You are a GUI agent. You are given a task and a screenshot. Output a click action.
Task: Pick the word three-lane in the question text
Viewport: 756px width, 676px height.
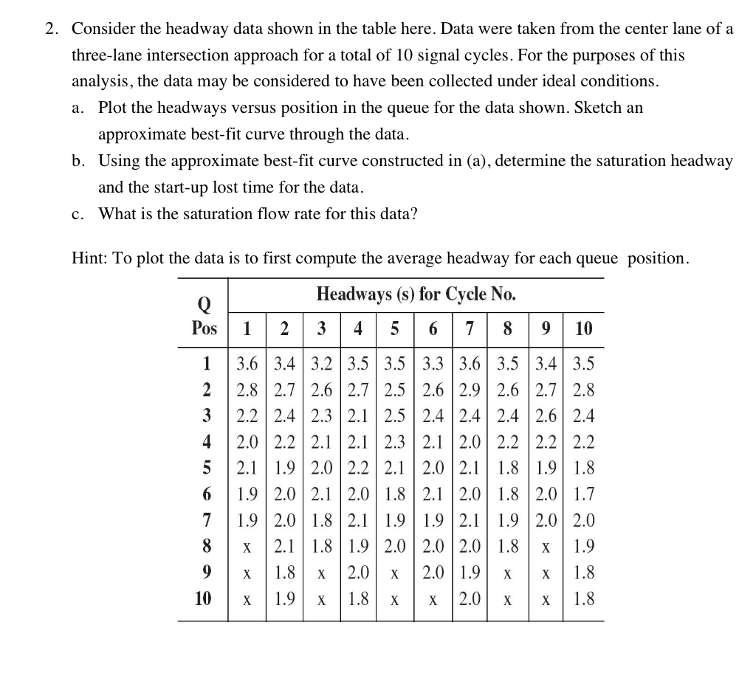point(107,55)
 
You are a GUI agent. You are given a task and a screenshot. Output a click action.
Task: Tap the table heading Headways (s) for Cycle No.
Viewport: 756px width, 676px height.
point(416,294)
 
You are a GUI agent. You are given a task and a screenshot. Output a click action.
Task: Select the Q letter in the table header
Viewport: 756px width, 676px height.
point(205,303)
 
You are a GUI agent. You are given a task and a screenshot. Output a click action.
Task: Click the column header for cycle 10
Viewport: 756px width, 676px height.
point(583,328)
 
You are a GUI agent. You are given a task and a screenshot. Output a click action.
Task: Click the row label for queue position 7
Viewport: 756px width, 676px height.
point(207,521)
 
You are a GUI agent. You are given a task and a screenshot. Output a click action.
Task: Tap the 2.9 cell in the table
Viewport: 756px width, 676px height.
point(469,390)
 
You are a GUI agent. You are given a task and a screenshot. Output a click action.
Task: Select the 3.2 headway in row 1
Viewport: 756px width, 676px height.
point(321,364)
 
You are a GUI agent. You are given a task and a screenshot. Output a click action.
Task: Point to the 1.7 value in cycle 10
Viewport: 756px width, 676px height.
point(583,494)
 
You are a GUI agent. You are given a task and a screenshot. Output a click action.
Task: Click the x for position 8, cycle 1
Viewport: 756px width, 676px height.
point(247,548)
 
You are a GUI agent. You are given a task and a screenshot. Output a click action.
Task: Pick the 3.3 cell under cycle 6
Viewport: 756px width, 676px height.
point(433,364)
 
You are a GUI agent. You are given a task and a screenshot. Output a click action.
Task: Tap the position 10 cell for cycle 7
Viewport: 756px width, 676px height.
point(469,599)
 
